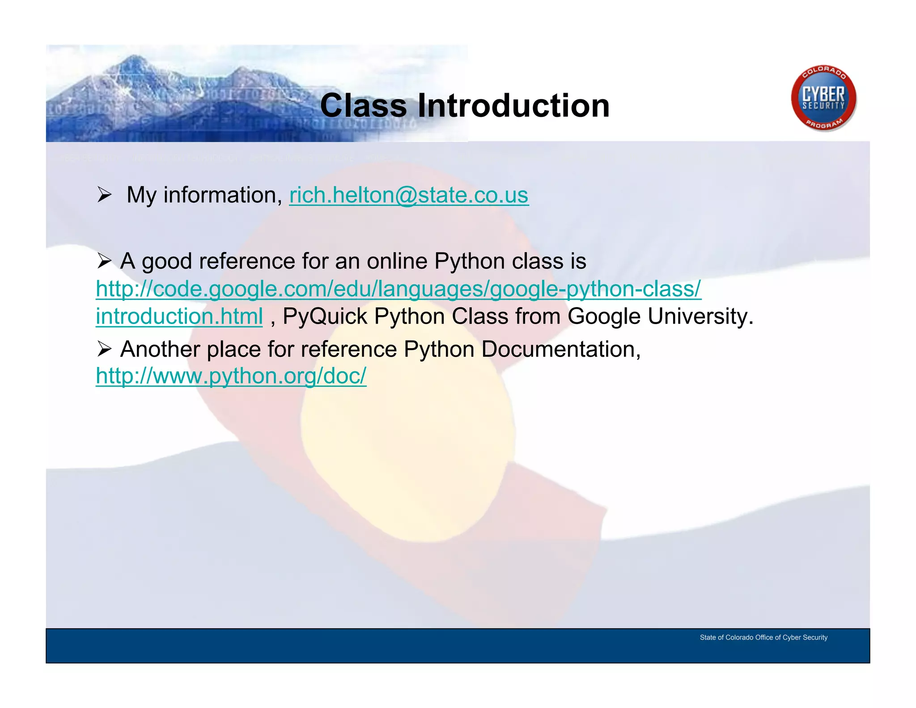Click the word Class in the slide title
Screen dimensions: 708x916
(x=363, y=106)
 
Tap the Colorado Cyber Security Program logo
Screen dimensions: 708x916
(x=823, y=98)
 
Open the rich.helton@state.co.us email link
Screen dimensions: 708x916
(x=409, y=196)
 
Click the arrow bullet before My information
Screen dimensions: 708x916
(x=104, y=195)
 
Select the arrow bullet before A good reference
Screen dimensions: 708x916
(x=104, y=260)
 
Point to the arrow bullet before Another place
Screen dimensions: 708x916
(x=104, y=349)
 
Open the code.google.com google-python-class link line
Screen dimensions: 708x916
(x=398, y=289)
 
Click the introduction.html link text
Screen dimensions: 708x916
(x=179, y=316)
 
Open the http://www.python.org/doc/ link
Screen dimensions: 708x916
(x=231, y=376)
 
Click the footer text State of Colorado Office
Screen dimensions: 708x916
(x=763, y=637)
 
